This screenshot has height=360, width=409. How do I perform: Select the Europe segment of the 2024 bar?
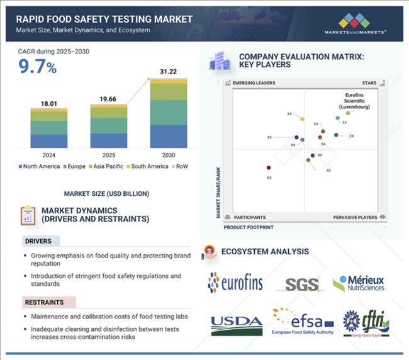click(x=48, y=127)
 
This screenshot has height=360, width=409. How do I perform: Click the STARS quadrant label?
click(x=369, y=83)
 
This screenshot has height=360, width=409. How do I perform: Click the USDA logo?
click(x=237, y=323)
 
